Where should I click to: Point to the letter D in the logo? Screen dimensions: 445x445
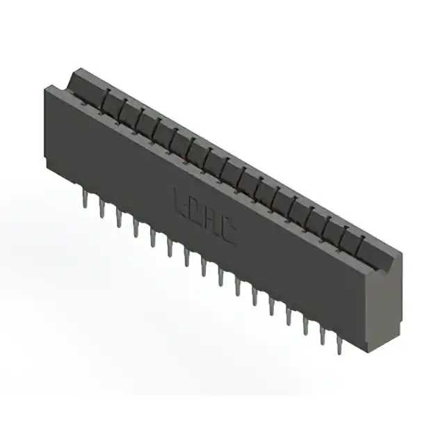coord(195,210)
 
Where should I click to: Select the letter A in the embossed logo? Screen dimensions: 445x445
coord(211,221)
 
